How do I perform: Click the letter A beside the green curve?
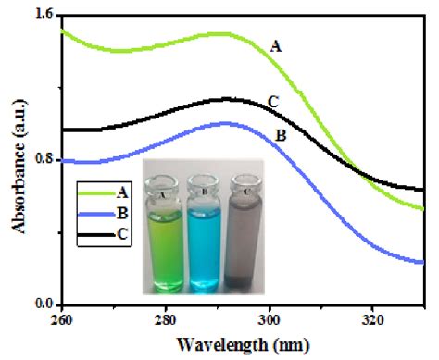point(274,43)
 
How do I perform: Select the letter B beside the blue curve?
point(280,136)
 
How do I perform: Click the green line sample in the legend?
point(95,192)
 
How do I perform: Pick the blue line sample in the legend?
point(95,213)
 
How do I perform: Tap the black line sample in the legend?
point(95,233)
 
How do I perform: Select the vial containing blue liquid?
point(201,231)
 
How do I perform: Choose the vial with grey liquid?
point(245,231)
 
